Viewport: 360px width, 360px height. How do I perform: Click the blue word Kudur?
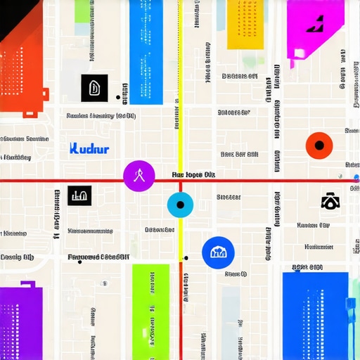(90, 149)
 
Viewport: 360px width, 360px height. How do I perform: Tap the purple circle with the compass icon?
(139, 176)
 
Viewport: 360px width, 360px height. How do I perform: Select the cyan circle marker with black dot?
(180, 205)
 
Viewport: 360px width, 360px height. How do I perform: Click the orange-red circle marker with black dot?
(319, 146)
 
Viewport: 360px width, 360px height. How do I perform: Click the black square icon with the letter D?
(94, 87)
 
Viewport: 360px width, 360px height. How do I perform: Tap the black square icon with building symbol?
(79, 195)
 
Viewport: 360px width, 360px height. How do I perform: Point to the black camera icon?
(329, 202)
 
